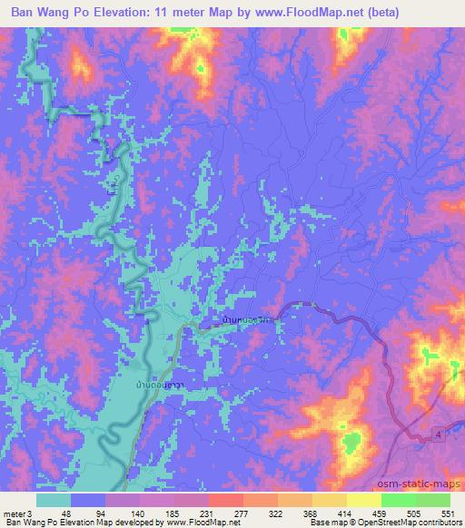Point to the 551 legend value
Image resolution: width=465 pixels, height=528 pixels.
[x=448, y=513]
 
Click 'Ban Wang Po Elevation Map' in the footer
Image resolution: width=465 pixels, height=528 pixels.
[x=56, y=522]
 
